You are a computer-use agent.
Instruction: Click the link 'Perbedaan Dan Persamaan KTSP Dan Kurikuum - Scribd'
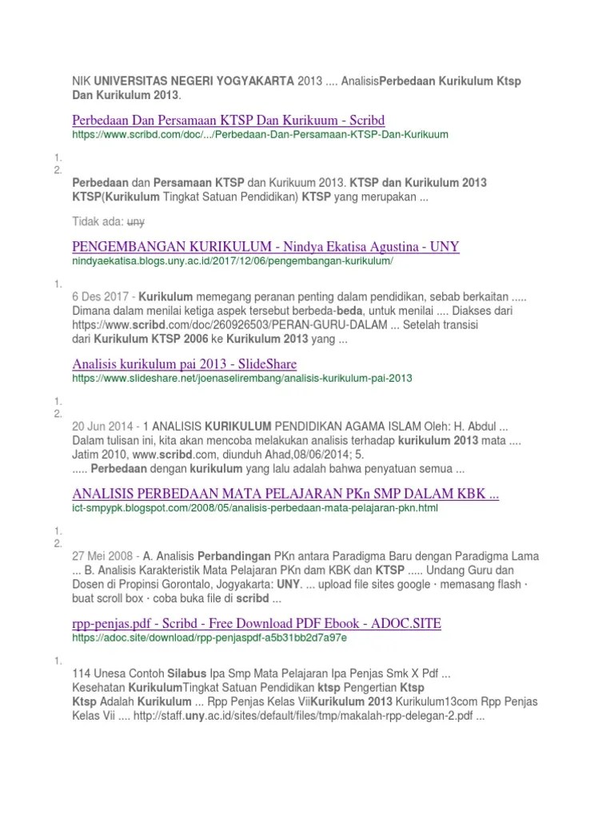coord(228,121)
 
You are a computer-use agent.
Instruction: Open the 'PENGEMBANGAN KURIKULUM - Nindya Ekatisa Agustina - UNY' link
coord(265,246)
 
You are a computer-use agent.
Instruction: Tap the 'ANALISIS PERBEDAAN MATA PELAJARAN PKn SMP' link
coord(285,494)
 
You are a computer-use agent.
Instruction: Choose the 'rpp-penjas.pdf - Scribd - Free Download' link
coord(256,623)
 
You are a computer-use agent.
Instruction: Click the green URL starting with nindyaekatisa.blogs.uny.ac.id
coord(233,261)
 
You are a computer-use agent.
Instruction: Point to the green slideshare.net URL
coord(242,378)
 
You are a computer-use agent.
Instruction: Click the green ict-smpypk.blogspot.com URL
coord(255,508)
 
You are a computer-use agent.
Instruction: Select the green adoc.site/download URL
coord(209,638)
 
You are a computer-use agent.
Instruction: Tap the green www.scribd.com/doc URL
coord(260,135)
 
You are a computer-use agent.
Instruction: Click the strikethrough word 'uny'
coord(136,221)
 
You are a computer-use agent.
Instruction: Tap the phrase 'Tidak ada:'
coord(98,221)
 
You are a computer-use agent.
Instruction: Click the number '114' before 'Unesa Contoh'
coord(82,673)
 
